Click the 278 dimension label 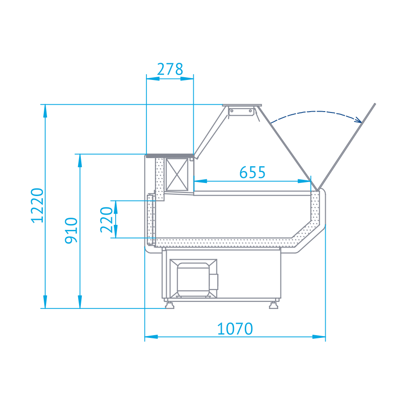(170, 69)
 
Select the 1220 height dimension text (37, 206)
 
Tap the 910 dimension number (71, 230)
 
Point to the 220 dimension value (107, 220)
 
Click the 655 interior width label (253, 173)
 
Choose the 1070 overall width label (235, 329)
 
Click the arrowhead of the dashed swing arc (358, 119)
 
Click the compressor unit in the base (194, 279)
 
